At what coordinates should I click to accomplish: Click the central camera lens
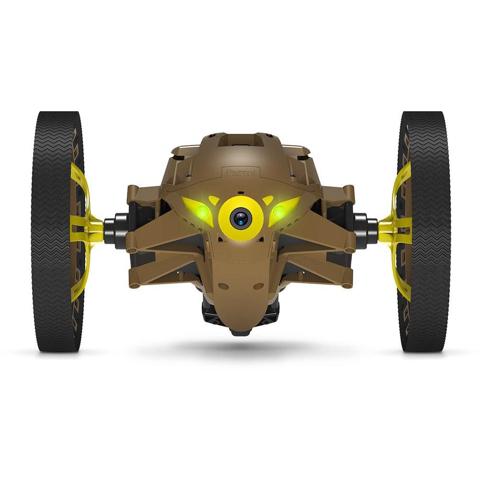240,218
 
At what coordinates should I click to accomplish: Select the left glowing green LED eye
202,211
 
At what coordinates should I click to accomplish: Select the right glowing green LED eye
279,211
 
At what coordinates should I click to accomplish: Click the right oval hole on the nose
258,286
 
